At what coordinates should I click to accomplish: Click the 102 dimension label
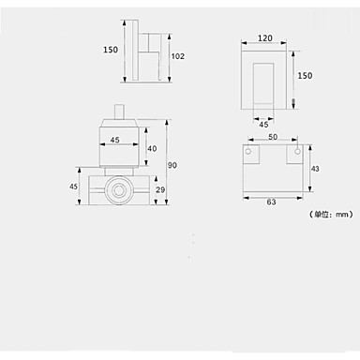pyautogui.click(x=177, y=56)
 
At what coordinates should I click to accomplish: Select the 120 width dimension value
pyautogui.click(x=265, y=38)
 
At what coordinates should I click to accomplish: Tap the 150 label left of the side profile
pyautogui.click(x=111, y=50)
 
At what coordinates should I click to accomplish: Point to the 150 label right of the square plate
pyautogui.click(x=305, y=76)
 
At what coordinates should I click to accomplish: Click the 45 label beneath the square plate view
pyautogui.click(x=263, y=125)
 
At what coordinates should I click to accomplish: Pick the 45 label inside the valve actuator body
pyautogui.click(x=114, y=140)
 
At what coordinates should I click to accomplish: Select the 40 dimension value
pyautogui.click(x=152, y=148)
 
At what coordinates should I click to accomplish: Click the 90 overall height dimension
pyautogui.click(x=172, y=165)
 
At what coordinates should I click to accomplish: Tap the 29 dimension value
pyautogui.click(x=160, y=189)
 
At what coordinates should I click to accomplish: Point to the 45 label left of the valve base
pyautogui.click(x=73, y=187)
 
